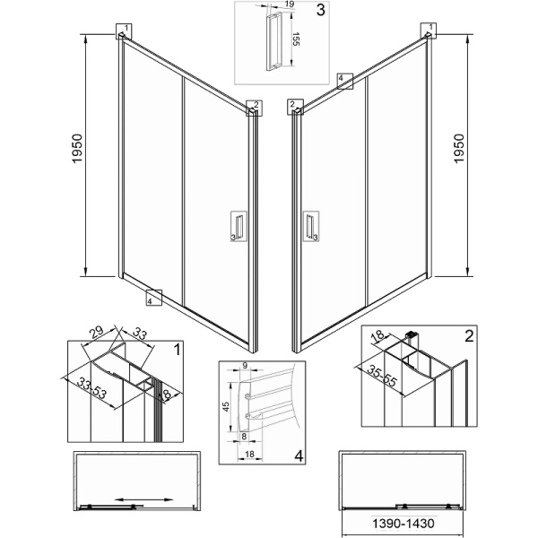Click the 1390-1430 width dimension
403,524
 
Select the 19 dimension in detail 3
290,4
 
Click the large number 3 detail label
320,10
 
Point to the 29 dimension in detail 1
97,332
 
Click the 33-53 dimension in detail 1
91,388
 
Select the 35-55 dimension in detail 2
382,376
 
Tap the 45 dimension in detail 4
226,407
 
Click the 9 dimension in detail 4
245,366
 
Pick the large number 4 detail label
299,456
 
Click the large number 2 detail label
469,336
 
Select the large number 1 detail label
177,350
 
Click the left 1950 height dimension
77,148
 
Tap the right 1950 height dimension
459,148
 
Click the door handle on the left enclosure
239,226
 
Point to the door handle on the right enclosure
310,226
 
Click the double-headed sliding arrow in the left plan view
143,499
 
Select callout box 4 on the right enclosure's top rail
345,81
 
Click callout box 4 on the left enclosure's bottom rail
153,298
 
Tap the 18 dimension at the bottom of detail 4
250,454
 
